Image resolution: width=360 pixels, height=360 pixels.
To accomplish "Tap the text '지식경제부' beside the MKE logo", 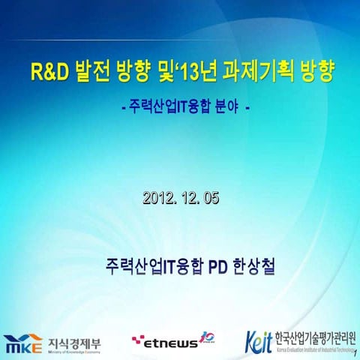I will pos(74,342).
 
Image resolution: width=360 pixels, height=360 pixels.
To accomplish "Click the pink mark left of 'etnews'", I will pos(137,341).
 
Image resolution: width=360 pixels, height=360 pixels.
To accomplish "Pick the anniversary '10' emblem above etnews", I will pos(208,337).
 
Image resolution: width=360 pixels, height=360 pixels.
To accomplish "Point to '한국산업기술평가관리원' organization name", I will pos(315,337).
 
